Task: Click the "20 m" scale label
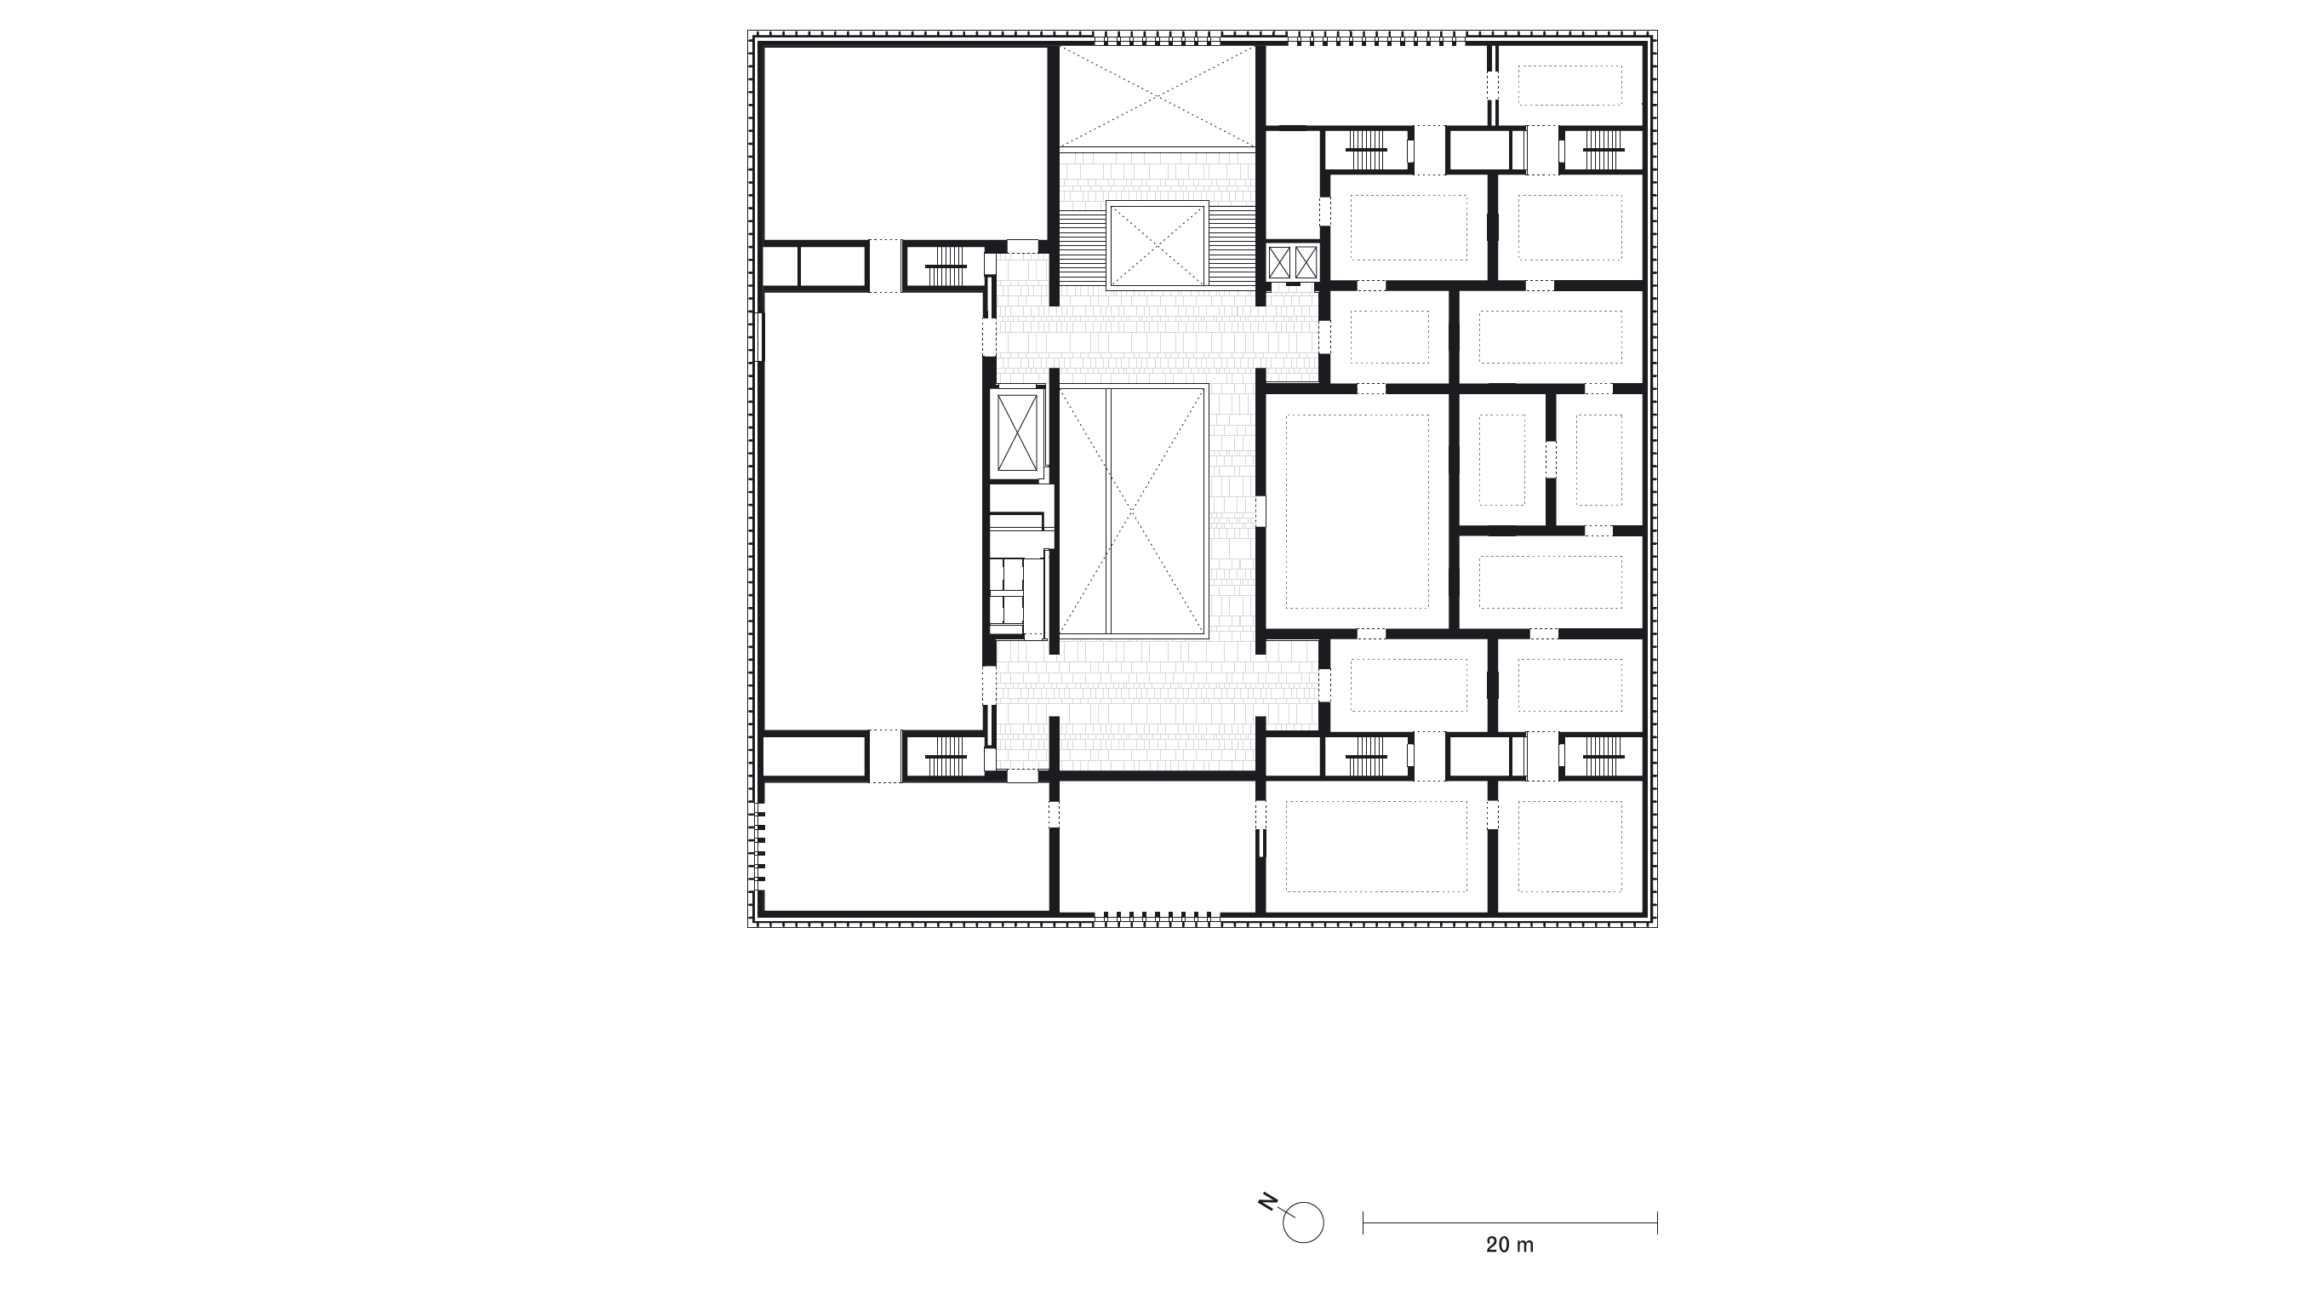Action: (1509, 1245)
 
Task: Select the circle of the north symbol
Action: (1303, 1222)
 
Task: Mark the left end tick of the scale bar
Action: (1363, 1222)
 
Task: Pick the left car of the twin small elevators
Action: (1279, 262)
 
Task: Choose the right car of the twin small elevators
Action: (1306, 262)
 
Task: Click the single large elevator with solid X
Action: (1017, 432)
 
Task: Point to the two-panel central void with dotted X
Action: (1133, 512)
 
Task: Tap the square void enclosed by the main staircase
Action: (1157, 244)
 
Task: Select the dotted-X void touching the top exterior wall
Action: (1157, 96)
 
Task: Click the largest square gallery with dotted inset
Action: (1357, 511)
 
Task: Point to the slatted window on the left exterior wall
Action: (760, 847)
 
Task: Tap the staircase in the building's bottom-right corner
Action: (1603, 756)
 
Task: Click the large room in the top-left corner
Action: (906, 143)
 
